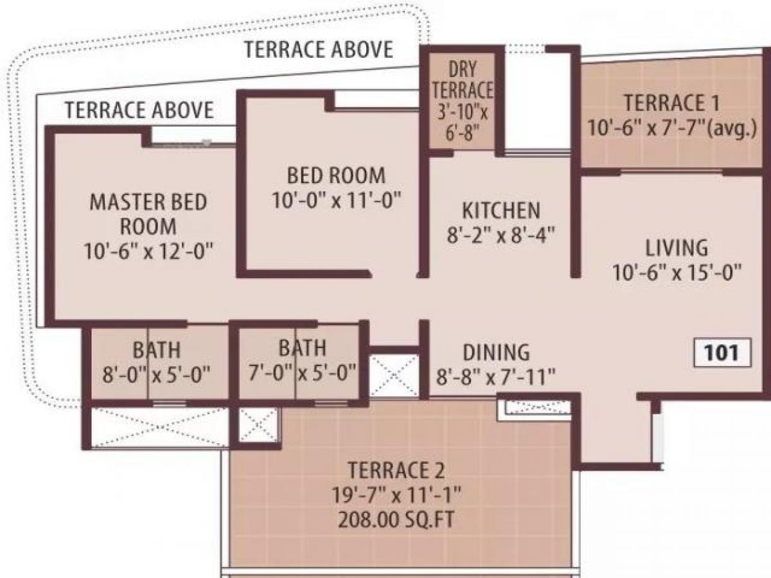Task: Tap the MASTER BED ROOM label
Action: point(148,214)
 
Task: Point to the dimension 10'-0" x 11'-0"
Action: point(336,200)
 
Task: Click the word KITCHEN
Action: point(501,211)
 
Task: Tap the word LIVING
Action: point(677,247)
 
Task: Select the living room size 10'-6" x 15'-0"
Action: point(677,272)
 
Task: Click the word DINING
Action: point(497,352)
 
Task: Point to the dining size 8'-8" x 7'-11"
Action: point(497,377)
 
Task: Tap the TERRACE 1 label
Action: point(672,103)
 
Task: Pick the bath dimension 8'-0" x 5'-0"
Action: point(156,374)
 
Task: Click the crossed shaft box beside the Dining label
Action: point(394,374)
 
